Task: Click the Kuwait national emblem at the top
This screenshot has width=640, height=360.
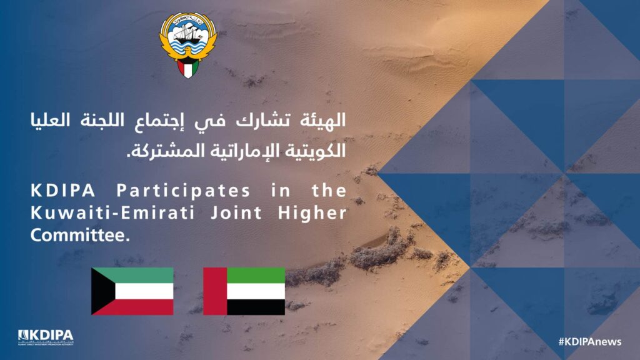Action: (x=187, y=45)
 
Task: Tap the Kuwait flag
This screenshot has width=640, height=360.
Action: (x=132, y=291)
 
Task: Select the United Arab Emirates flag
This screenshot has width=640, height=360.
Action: (x=244, y=291)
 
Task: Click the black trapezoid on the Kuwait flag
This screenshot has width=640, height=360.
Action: (x=101, y=291)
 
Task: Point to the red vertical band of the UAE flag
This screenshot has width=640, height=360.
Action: (x=215, y=291)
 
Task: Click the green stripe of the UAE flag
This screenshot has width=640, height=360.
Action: (x=256, y=276)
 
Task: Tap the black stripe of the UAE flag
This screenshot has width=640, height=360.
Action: (x=256, y=307)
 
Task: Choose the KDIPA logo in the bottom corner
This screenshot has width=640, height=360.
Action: (x=46, y=337)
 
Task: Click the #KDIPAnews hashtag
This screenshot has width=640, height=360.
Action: (x=590, y=342)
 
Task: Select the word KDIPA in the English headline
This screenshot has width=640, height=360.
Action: (x=63, y=191)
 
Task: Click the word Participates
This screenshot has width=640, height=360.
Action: (x=183, y=191)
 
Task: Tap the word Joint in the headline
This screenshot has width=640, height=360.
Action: (x=236, y=213)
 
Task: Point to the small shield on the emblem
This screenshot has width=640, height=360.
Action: (x=187, y=67)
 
